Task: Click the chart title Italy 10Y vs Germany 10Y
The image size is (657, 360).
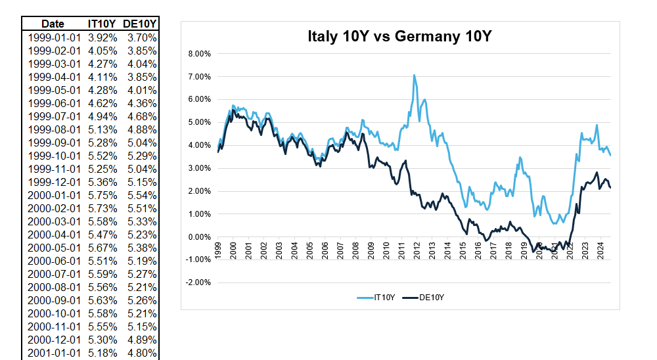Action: [x=399, y=37]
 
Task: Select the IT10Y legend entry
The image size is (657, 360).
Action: [x=384, y=298]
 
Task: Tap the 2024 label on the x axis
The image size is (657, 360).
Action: [x=600, y=252]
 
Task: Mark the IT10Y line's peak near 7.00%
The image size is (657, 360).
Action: [x=415, y=76]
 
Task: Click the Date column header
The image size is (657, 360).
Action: [x=53, y=24]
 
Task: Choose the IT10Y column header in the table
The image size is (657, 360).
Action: [x=102, y=24]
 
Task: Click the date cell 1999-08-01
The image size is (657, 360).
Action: [x=54, y=129]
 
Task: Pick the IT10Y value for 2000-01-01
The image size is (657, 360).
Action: [x=102, y=195]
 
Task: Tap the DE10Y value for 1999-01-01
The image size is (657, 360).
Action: [x=142, y=37]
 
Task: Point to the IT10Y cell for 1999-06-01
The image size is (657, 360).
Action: [x=102, y=103]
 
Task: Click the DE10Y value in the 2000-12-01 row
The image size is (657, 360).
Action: [x=142, y=340]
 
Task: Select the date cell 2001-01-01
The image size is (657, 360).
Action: [x=54, y=353]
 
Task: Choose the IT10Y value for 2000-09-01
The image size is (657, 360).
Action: [x=102, y=300]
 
